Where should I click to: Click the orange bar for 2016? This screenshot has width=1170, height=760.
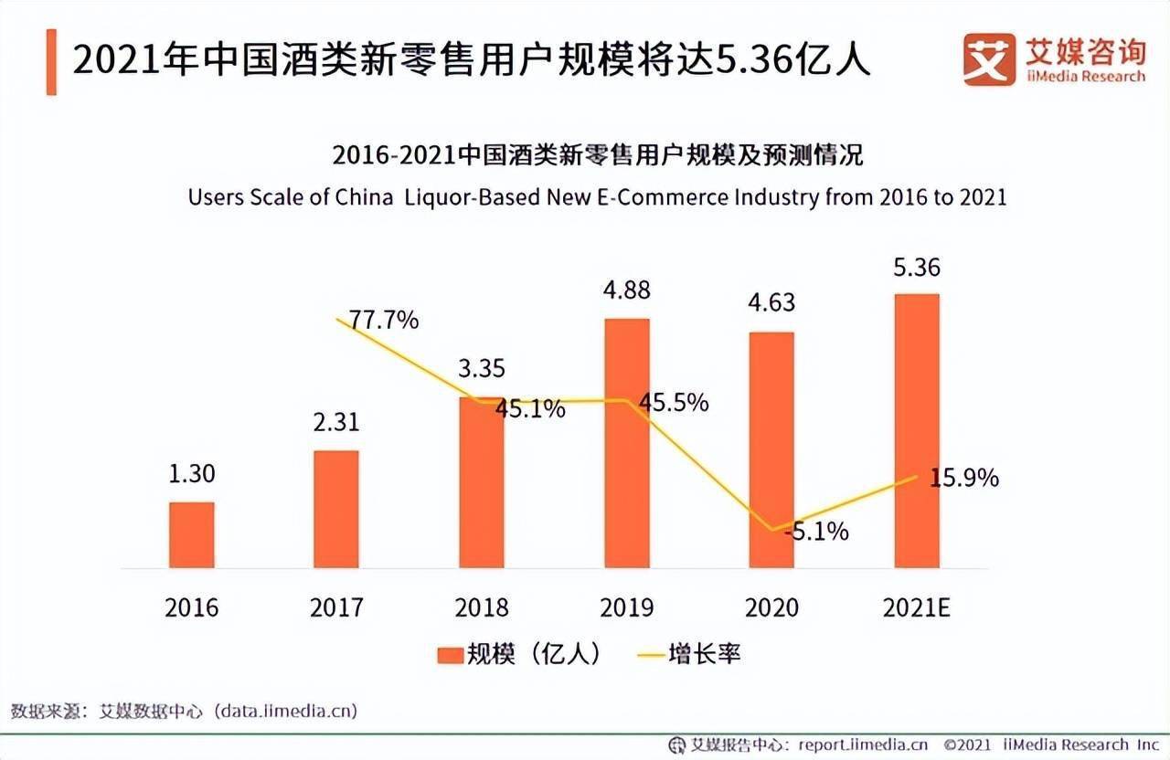tap(192, 535)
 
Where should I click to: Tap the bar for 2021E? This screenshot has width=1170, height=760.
tap(916, 430)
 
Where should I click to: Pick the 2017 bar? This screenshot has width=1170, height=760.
tap(335, 509)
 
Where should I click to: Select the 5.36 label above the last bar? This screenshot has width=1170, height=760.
tap(916, 268)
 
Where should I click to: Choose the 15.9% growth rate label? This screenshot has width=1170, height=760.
tap(965, 477)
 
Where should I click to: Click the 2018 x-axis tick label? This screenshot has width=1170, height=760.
tap(481, 607)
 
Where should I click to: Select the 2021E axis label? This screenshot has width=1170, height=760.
tap(916, 607)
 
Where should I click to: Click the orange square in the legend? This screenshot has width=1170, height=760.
tap(450, 655)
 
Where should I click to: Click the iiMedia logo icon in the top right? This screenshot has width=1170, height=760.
tap(989, 59)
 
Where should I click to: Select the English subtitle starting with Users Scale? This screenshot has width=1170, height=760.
tap(597, 196)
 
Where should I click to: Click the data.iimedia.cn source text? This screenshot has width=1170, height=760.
tap(284, 710)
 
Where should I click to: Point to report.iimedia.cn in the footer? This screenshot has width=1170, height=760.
tap(863, 744)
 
